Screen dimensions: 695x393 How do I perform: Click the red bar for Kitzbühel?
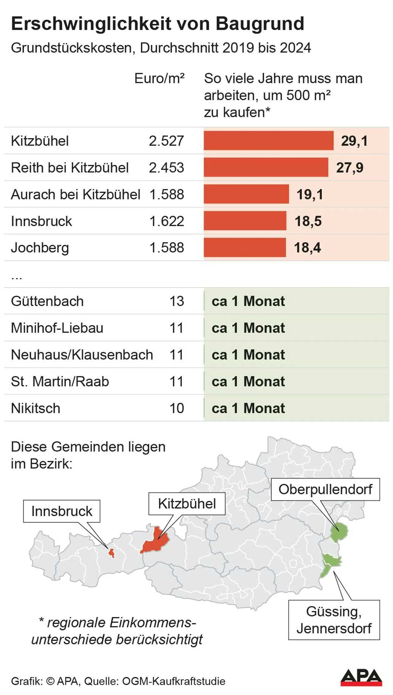[268, 141]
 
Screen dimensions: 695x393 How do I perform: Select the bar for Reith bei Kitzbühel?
[266, 167]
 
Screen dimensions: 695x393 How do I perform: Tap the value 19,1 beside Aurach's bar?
[309, 194]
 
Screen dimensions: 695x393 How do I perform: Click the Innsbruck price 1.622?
[166, 221]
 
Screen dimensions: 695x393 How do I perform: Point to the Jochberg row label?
[40, 248]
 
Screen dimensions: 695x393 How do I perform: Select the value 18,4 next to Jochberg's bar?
[307, 248]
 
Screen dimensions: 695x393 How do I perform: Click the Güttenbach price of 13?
[177, 301]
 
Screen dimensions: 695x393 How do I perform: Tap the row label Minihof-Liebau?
[57, 328]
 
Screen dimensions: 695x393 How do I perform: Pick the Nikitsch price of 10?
[177, 408]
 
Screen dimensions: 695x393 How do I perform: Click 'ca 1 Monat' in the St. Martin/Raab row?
[248, 382]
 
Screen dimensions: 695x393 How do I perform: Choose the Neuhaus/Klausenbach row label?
[82, 355]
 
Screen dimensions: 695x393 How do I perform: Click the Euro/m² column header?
[159, 79]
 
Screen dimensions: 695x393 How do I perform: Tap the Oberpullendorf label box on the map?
[325, 490]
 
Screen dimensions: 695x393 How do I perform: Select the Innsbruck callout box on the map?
[62, 511]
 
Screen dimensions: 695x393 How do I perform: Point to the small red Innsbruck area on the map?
[111, 553]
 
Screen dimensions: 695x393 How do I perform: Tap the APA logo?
[361, 677]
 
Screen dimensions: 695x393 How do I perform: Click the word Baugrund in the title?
[260, 24]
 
